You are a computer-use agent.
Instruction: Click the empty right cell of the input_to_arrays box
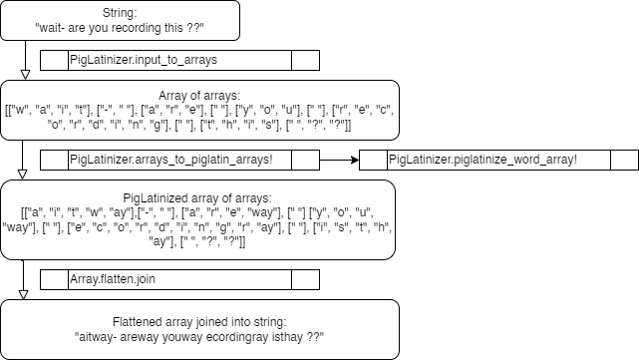305,61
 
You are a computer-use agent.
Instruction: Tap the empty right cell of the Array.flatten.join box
305,280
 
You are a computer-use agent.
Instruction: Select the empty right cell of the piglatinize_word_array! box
624,160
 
